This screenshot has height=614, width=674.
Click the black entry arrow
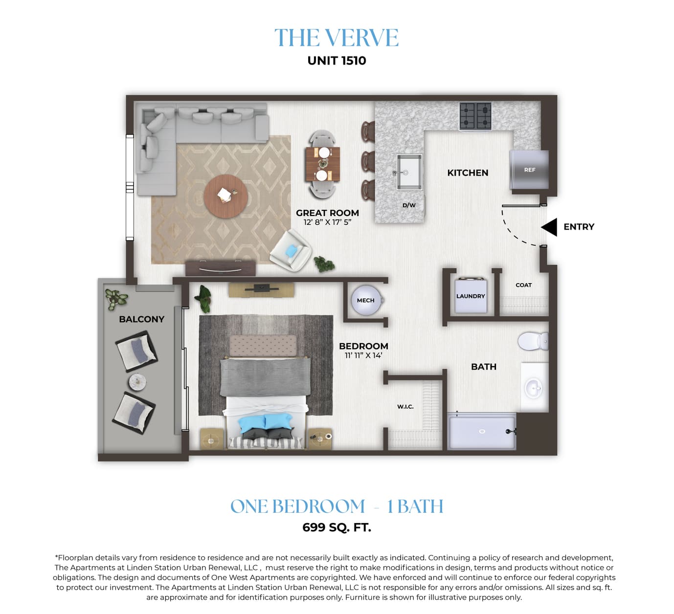[549, 227]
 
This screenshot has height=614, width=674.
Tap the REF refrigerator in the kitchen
[529, 170]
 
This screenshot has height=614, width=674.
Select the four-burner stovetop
[475, 116]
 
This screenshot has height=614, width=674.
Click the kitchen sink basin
[409, 172]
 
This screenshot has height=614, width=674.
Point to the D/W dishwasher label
[409, 205]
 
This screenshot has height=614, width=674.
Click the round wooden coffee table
[226, 197]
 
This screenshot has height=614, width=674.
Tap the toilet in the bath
[533, 341]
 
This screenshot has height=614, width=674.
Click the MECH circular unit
[366, 300]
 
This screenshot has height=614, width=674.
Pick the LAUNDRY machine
[471, 296]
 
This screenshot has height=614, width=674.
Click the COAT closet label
[523, 285]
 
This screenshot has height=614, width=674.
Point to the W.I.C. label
[405, 407]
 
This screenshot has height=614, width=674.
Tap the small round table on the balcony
[137, 383]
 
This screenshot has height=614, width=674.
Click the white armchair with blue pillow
[291, 251]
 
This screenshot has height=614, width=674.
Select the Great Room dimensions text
[327, 222]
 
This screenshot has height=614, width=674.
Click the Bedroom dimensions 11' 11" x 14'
[363, 355]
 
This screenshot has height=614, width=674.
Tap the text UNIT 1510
[337, 61]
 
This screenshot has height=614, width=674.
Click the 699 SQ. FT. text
[337, 527]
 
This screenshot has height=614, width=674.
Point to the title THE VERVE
[337, 38]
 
